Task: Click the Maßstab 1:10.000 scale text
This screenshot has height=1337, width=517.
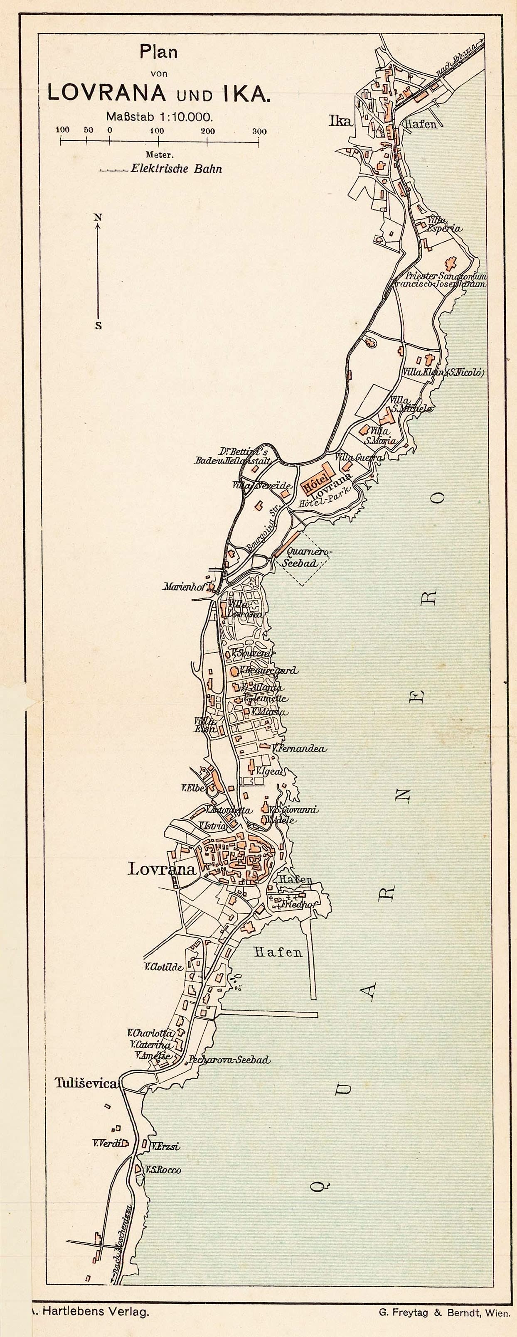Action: coord(159,116)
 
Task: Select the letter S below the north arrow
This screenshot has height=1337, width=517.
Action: coord(98,326)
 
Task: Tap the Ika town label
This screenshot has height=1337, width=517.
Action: coord(340,121)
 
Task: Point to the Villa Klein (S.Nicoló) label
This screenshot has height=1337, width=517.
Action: coord(444,372)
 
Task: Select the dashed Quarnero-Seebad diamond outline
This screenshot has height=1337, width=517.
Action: coord(305,559)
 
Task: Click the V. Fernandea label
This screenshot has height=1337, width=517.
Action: coord(300,748)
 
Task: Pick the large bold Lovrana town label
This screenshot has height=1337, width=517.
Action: coord(162,869)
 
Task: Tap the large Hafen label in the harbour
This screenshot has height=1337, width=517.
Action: coord(278,952)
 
